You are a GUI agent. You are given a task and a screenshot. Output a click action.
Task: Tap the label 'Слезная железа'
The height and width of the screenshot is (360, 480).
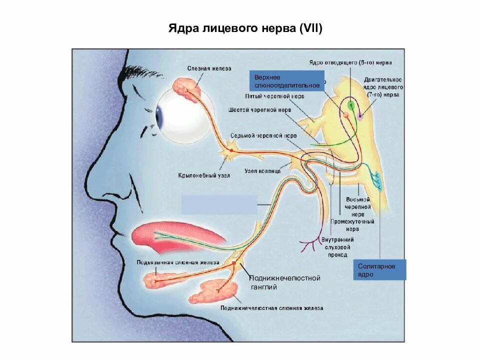point(209,68)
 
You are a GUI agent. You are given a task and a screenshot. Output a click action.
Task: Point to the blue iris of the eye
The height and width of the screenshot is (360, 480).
point(160,116)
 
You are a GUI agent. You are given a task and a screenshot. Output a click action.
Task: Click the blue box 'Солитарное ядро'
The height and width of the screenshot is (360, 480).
point(379,270)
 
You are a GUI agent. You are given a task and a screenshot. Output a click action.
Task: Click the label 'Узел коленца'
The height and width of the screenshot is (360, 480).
point(262,171)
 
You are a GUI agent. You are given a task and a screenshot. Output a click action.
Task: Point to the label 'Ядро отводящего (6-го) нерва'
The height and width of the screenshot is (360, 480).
point(349,63)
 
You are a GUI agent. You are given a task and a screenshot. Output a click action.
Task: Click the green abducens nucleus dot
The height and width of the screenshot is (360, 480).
point(350,105)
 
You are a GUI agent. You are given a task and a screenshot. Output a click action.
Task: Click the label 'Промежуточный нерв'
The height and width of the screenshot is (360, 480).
point(352,225)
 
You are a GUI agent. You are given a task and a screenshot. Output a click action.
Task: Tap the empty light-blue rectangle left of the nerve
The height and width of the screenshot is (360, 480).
point(219,204)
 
